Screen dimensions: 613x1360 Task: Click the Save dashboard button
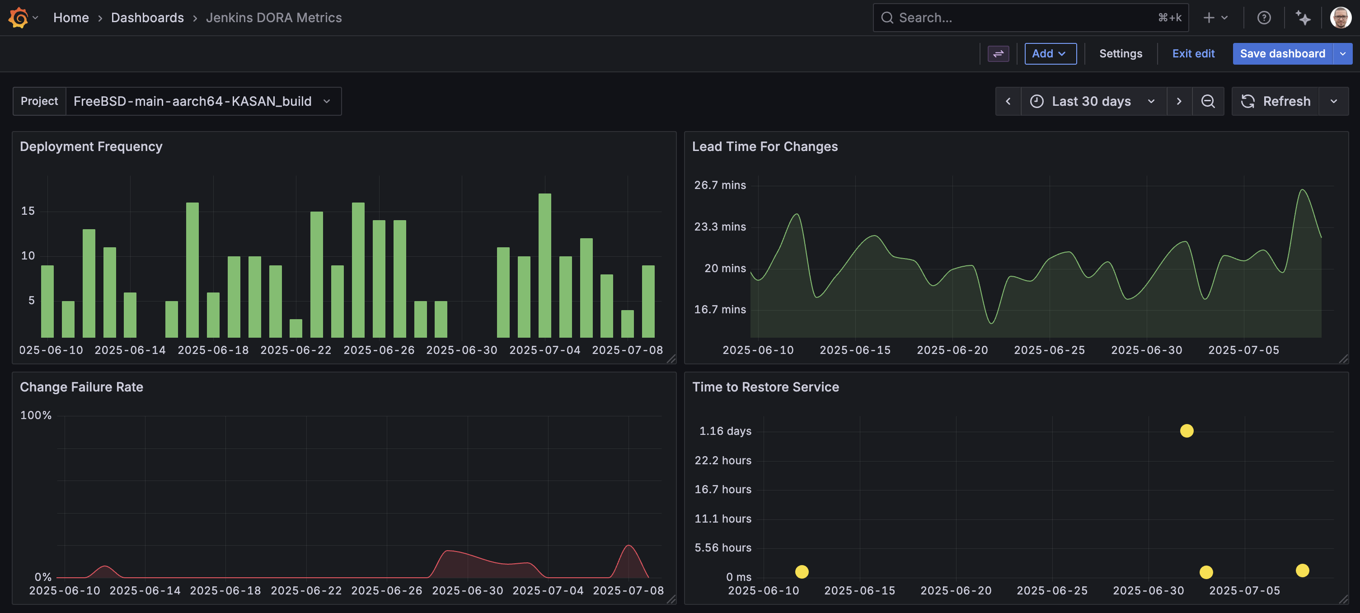(1282, 53)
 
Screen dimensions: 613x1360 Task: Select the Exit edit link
(1193, 53)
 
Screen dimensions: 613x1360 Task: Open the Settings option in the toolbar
(1121, 53)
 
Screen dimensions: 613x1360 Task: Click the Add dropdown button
(1050, 53)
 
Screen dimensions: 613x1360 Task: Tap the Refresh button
(1276, 101)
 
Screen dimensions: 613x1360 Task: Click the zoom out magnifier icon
(1207, 101)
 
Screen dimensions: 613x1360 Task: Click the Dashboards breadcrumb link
(147, 18)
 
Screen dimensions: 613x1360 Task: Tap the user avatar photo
(1340, 18)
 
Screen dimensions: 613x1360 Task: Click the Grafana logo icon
(19, 18)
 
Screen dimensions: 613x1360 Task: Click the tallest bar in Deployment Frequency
(544, 264)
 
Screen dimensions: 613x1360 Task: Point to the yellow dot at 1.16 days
(1186, 431)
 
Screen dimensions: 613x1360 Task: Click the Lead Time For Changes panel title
(764, 146)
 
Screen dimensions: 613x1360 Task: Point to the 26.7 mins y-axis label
(720, 185)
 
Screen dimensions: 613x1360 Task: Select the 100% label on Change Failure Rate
(36, 415)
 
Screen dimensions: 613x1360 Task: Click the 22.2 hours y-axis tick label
(722, 460)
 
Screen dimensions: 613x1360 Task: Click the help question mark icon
(1263, 18)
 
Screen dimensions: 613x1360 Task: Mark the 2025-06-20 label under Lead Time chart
(952, 350)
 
